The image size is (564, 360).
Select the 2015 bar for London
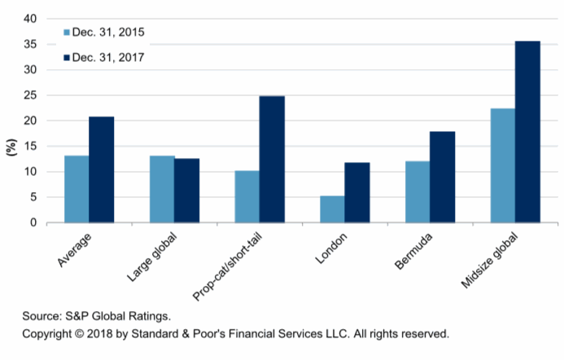pos(332,209)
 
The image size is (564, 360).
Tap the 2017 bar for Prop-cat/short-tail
pos(272,159)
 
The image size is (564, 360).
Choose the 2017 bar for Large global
pos(186,191)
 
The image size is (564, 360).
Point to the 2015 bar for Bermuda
pos(418,191)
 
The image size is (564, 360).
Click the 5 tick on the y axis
pos(33,197)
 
